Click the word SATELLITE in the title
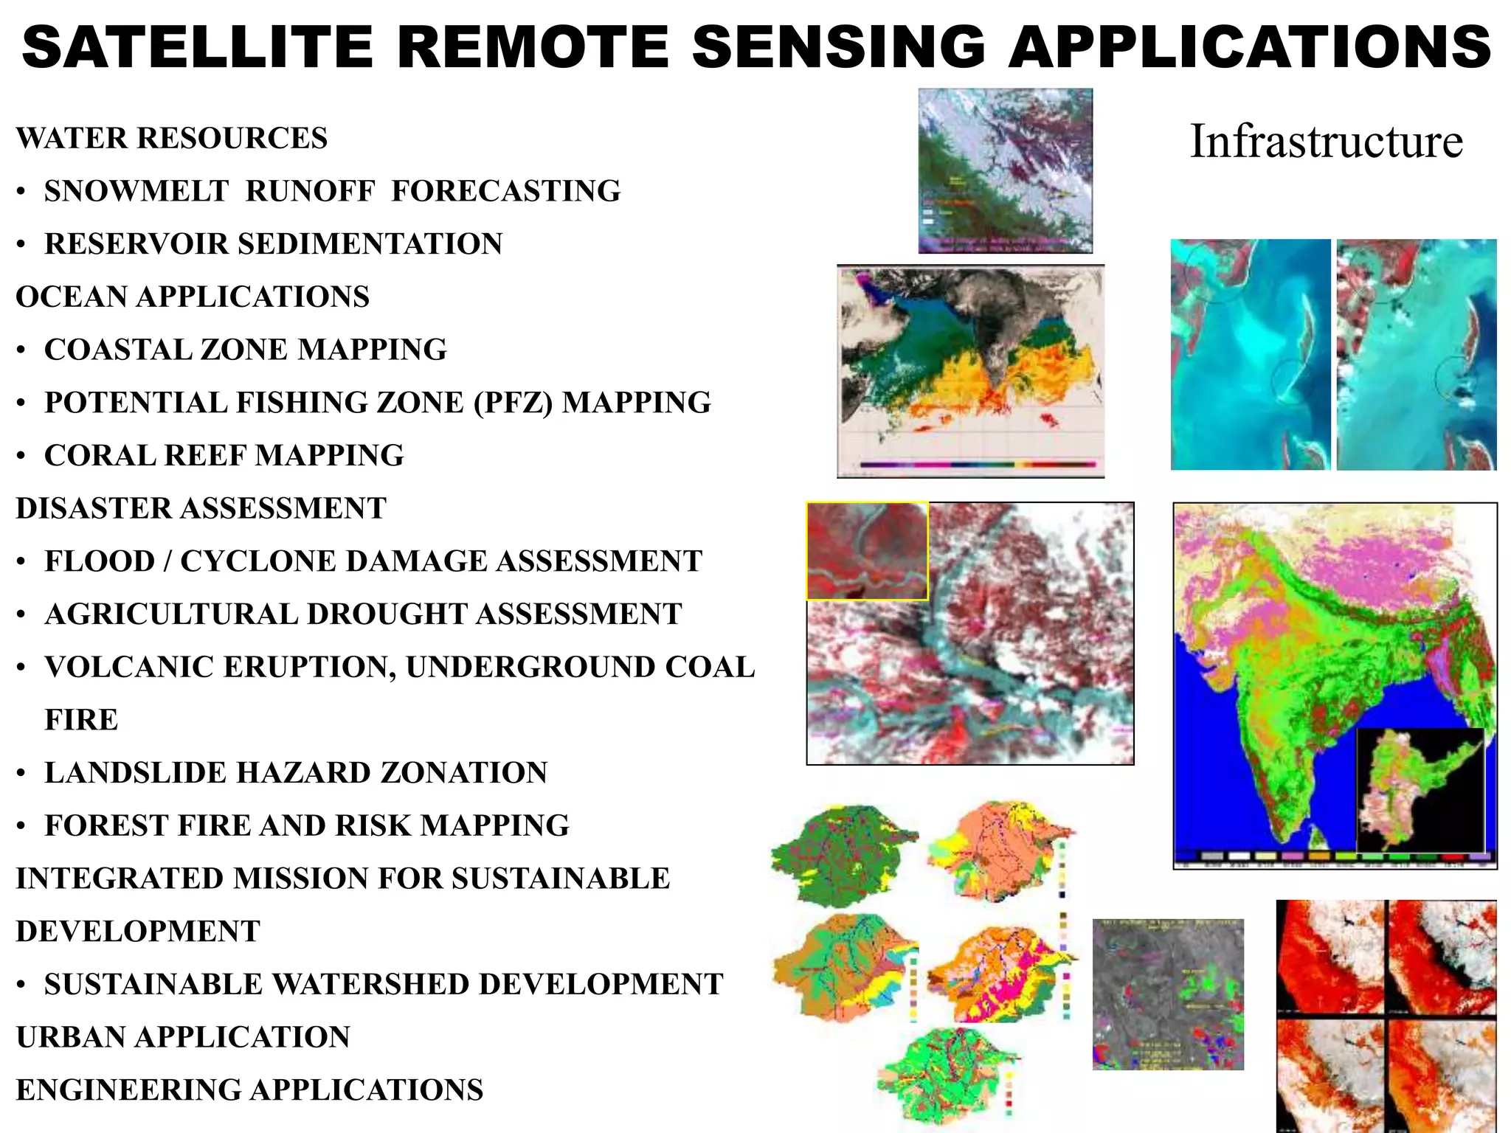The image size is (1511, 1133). pos(198,46)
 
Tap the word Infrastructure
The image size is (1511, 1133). pos(1326,141)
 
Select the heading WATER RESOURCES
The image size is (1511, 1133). pos(172,138)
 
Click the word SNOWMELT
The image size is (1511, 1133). pos(136,191)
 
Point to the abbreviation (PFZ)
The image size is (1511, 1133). pos(513,403)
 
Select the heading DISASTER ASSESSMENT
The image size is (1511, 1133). pos(201,508)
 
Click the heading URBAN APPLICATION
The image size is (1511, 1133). pos(183,1037)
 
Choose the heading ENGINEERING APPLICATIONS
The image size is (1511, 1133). pos(249,1090)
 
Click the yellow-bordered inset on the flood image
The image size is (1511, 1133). pos(867,551)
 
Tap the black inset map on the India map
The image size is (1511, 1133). pos(1420,789)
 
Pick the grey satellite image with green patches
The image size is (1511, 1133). pos(1168,994)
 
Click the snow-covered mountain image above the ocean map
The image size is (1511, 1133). pos(1005,170)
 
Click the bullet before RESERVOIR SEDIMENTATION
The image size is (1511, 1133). pos(22,244)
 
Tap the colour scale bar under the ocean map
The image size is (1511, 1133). pos(978,465)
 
